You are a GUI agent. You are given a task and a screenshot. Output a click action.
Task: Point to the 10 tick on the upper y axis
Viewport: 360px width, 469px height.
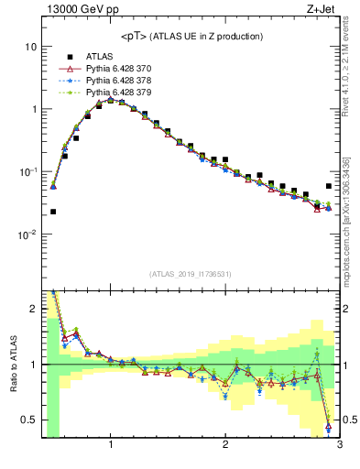point(31,46)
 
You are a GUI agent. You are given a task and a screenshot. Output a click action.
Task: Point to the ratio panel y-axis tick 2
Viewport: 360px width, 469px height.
point(33,309)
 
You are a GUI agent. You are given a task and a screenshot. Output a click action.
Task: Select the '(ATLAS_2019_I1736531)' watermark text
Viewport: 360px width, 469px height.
point(191,274)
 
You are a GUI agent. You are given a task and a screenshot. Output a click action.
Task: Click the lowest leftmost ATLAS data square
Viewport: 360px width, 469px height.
point(53,212)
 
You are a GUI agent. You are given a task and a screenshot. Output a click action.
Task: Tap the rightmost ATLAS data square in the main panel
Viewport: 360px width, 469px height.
point(329,186)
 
